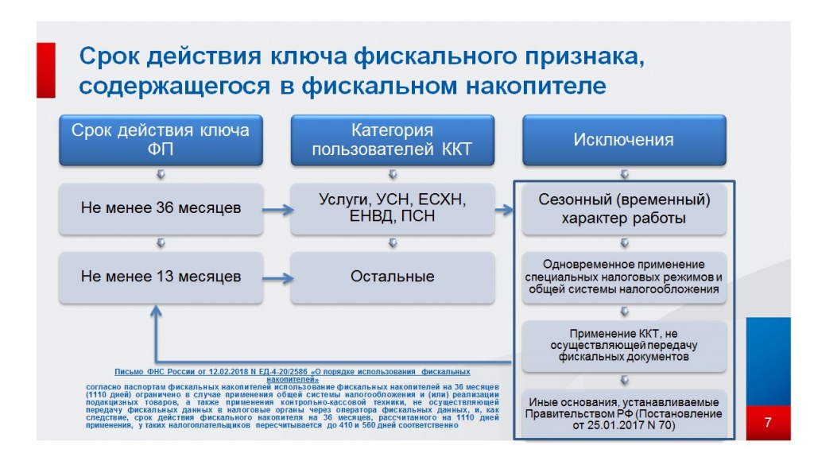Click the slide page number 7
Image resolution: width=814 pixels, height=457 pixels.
click(x=768, y=422)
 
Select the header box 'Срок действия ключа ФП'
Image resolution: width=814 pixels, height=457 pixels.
click(x=161, y=140)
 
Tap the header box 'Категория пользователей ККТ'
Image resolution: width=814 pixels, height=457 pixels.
click(x=392, y=140)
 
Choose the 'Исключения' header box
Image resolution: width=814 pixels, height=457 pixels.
click(x=623, y=140)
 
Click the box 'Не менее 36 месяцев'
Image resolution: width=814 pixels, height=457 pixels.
click(x=161, y=209)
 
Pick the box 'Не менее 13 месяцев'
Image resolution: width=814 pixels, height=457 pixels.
click(x=161, y=277)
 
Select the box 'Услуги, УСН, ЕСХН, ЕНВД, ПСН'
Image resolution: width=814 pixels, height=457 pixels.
click(x=392, y=209)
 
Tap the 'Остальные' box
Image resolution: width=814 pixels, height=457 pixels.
click(x=392, y=277)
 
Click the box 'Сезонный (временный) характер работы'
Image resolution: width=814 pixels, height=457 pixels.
click(x=623, y=209)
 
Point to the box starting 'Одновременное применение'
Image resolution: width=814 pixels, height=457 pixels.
click(x=623, y=277)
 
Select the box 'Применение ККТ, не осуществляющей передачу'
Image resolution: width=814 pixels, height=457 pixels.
click(x=623, y=345)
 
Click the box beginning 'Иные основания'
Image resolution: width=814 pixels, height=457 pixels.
click(x=623, y=413)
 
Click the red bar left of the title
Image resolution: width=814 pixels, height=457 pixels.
click(x=46, y=70)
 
